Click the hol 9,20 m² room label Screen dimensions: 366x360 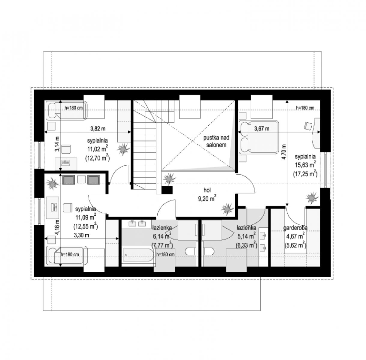click(x=207, y=194)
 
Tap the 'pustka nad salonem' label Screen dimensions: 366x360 click(x=216, y=141)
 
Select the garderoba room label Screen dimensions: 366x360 click(x=295, y=228)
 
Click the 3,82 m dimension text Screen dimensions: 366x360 click(x=98, y=129)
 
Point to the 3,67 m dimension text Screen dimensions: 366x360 click(x=262, y=129)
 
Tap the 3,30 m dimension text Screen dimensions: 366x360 click(x=81, y=235)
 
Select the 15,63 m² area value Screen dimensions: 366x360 click(x=305, y=164)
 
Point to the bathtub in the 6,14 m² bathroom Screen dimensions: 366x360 click(x=138, y=255)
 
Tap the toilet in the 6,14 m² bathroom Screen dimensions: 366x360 click(x=190, y=252)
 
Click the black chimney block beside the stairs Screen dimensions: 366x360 click(x=167, y=190)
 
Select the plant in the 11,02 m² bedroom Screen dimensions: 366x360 click(x=123, y=149)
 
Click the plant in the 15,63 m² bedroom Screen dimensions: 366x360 click(x=312, y=198)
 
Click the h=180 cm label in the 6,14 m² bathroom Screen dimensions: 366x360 click(x=165, y=254)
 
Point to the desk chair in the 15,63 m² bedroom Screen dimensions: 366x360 click(x=308, y=126)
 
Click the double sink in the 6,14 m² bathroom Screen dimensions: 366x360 click(x=137, y=224)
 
